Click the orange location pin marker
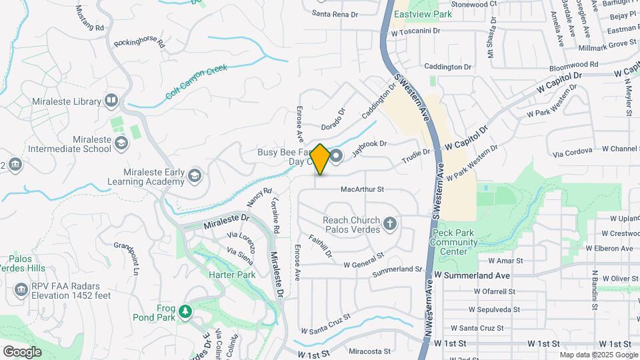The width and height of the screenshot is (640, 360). click(x=321, y=159)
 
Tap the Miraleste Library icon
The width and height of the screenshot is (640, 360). click(x=111, y=101)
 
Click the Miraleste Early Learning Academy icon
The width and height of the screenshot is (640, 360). click(x=194, y=175)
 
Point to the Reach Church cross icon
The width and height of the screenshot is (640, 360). click(x=389, y=223)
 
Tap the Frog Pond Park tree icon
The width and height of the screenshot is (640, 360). click(x=185, y=310)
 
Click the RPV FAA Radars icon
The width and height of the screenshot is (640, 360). click(x=21, y=289)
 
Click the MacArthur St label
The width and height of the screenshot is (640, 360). click(x=363, y=189)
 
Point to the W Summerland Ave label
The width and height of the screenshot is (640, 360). click(x=472, y=275)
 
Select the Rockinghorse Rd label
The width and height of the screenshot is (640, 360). click(x=139, y=42)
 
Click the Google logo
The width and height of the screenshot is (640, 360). click(x=22, y=351)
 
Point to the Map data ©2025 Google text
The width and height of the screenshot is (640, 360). click(x=598, y=355)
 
